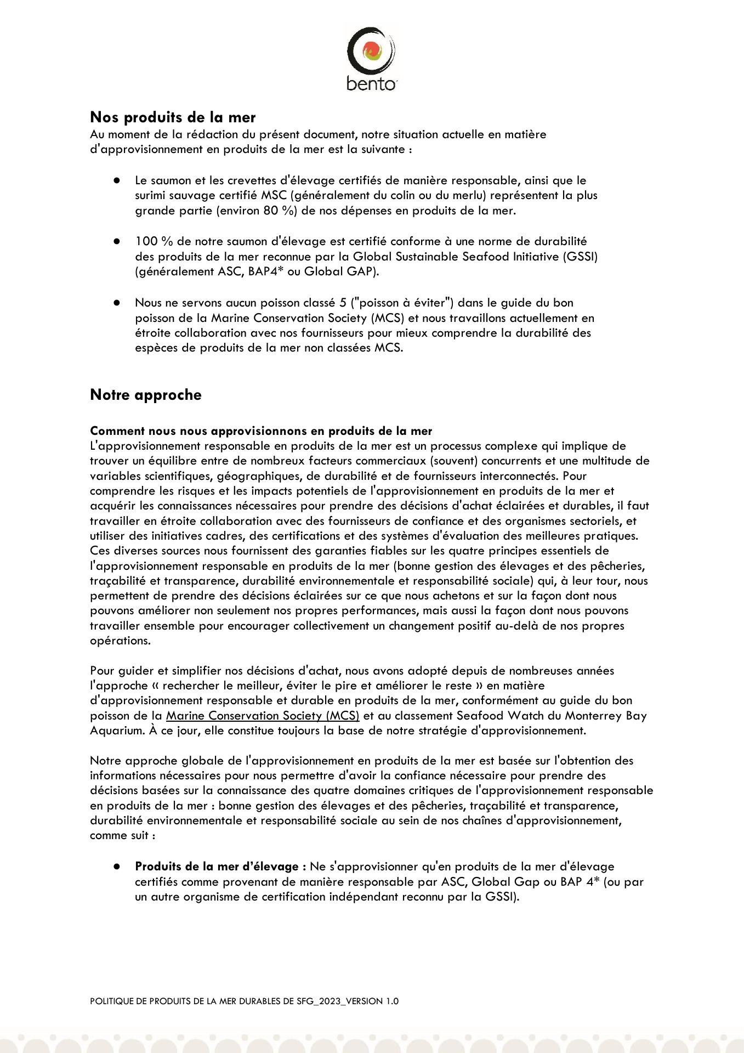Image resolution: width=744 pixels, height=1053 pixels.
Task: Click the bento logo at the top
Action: tap(371, 58)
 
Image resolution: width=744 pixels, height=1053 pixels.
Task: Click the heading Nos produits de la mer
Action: tap(173, 117)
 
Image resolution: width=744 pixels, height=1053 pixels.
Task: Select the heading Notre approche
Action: tap(145, 395)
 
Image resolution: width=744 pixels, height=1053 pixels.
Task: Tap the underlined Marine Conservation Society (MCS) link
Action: tap(263, 716)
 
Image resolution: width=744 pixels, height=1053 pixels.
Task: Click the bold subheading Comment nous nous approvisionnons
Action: tap(260, 431)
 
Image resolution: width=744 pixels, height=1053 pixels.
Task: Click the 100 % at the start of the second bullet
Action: tap(147, 241)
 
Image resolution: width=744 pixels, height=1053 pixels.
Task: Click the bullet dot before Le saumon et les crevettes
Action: tap(117, 180)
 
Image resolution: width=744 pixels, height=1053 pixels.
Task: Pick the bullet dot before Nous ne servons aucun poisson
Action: tap(117, 303)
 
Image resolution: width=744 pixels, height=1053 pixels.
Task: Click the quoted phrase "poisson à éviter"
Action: tap(402, 303)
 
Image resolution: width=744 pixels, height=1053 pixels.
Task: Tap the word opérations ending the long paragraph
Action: tap(120, 641)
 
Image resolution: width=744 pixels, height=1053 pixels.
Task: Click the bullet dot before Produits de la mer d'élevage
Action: tap(117, 867)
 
